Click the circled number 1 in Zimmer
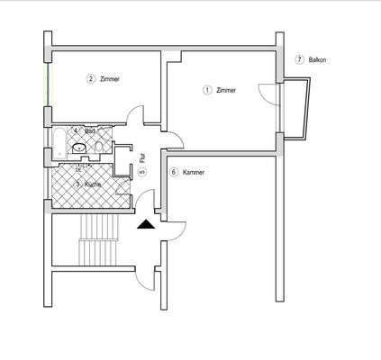pos(207,90)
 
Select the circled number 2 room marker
pos(91,79)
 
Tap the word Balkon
pos(317,60)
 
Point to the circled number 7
pos(299,60)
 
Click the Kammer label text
pos(194,172)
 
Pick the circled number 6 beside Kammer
pos(173,172)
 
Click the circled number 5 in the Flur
pos(142,172)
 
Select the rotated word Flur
pos(142,157)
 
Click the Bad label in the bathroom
pos(90,131)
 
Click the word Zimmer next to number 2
pos(111,79)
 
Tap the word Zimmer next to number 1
pos(227,90)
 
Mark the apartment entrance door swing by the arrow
pos(173,232)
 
